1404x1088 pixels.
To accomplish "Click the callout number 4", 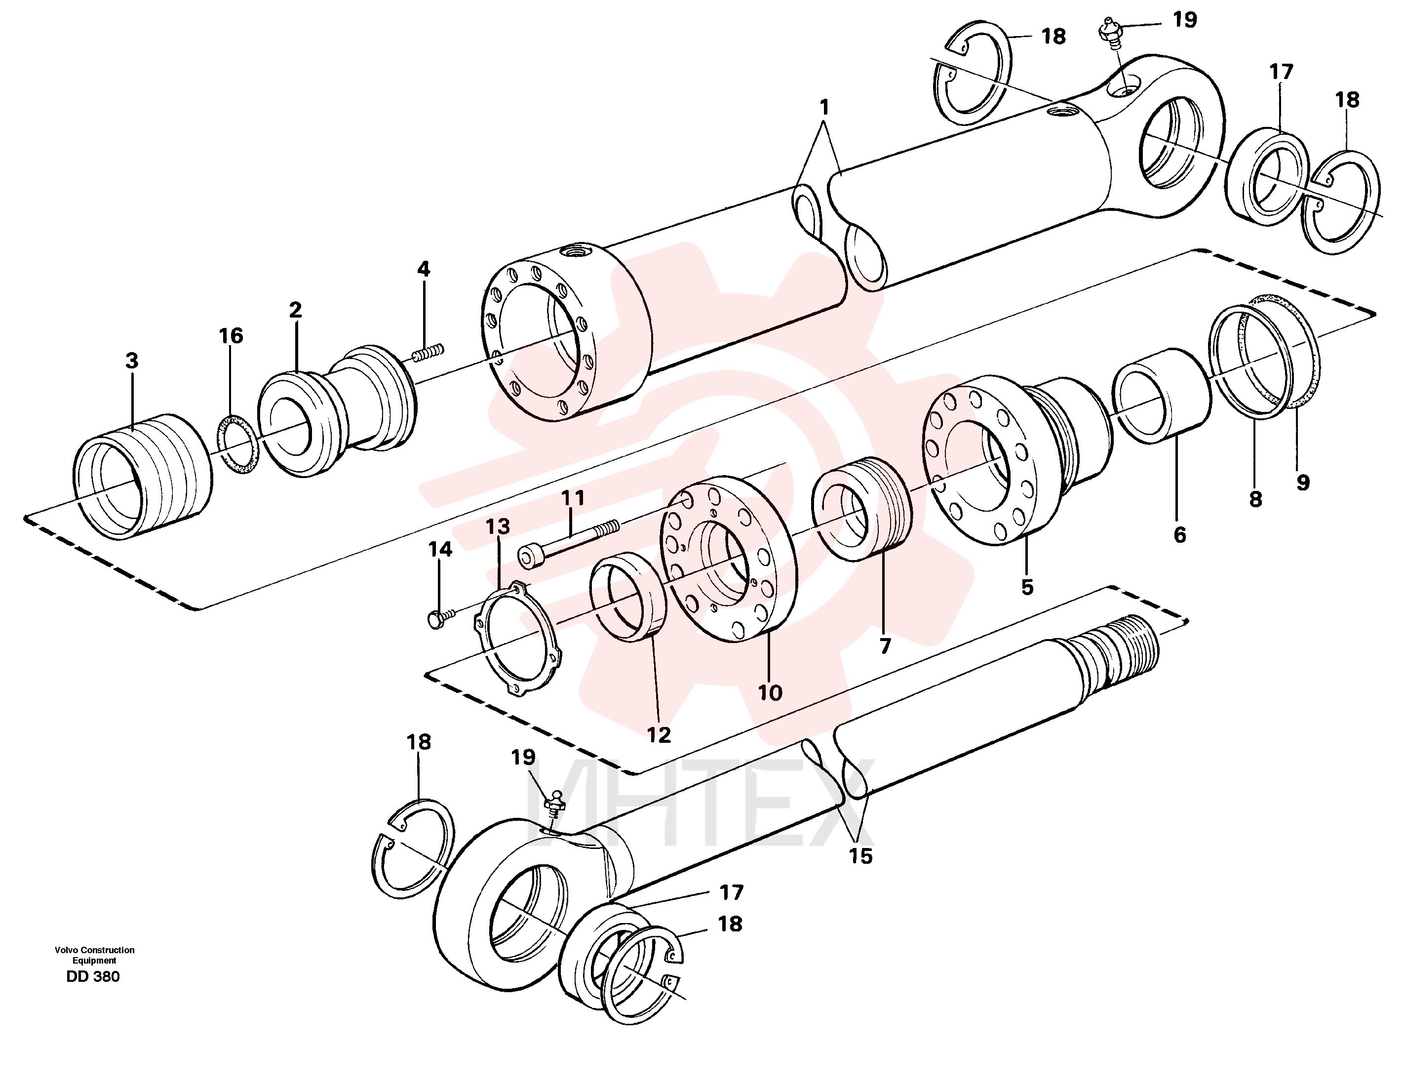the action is coord(423,269).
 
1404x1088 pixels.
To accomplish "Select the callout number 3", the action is coord(132,361).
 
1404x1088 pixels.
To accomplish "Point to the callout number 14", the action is coord(440,549).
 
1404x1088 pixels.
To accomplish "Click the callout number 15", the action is coord(861,856).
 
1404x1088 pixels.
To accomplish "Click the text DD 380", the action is coord(93,977).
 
